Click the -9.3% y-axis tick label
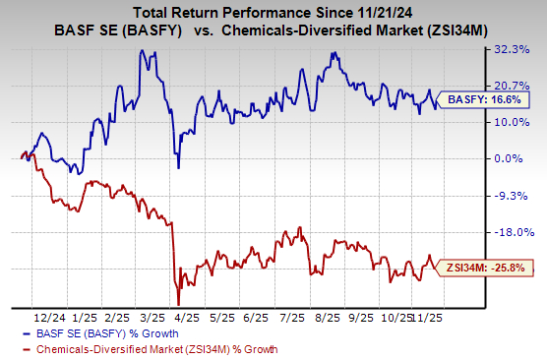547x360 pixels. pyautogui.click(x=517, y=196)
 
